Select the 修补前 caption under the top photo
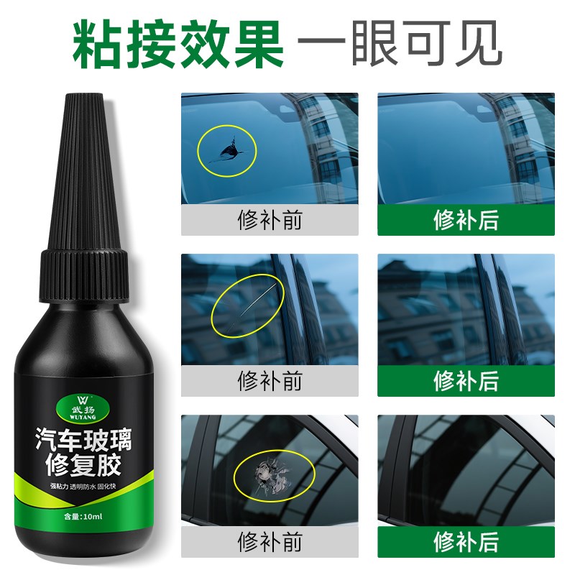click(270, 219)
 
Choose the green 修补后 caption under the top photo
click(466, 219)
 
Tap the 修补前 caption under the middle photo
click(270, 380)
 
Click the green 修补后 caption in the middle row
click(466, 380)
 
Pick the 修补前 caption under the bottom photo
click(270, 541)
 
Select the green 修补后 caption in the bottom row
click(466, 541)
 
